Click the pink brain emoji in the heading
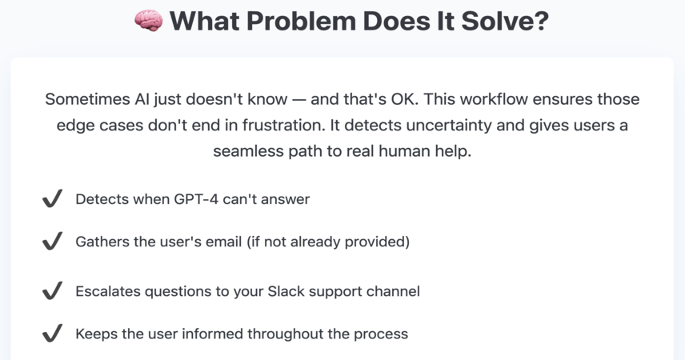coord(149,21)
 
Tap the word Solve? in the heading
coord(505,21)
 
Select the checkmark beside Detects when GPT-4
coord(53,198)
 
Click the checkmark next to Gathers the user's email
coord(53,241)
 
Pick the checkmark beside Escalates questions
coord(53,290)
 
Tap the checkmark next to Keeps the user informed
coord(53,333)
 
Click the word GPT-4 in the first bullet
coord(196,199)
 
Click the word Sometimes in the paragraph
coord(88,99)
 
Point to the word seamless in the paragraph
coord(250,151)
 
